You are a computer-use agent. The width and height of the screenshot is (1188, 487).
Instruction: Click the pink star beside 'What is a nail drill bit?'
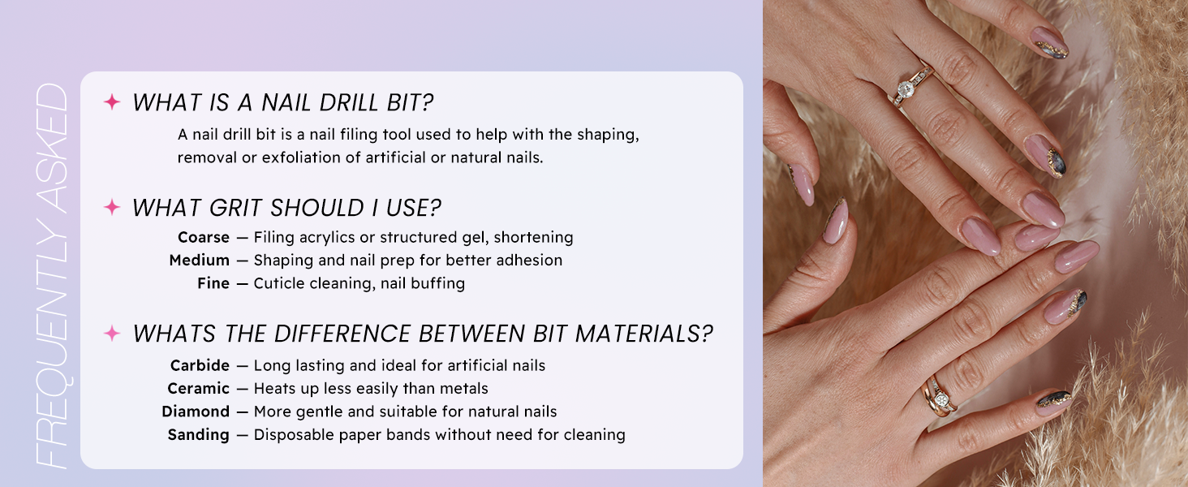coord(112,101)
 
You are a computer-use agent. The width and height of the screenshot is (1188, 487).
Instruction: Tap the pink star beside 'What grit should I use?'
coord(112,207)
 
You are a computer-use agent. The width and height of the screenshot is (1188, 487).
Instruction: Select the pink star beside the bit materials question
coord(112,333)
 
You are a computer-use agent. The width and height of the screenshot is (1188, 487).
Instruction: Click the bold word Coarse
coord(204,237)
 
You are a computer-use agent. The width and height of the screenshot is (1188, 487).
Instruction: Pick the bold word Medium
coord(200,260)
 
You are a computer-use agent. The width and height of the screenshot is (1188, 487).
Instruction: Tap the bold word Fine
coord(213,283)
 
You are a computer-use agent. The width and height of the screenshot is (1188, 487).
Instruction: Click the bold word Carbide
coord(200,365)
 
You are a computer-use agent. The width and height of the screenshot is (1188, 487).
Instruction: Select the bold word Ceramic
coord(198,388)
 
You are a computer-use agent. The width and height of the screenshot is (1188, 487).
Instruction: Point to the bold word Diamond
coord(196,412)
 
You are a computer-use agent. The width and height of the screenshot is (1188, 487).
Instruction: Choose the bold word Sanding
coord(198,435)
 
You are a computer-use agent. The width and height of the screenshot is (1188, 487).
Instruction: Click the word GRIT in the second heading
coord(236,208)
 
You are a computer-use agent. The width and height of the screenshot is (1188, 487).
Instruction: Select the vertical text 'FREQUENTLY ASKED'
coord(51,276)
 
